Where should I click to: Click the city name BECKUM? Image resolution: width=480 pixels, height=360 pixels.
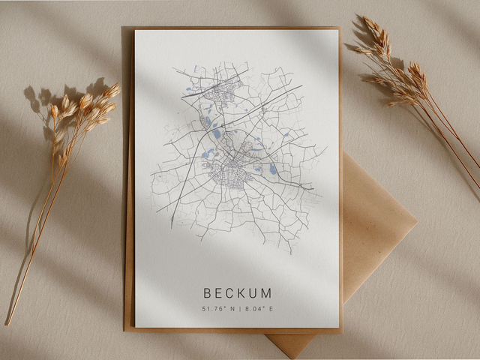coord(237,292)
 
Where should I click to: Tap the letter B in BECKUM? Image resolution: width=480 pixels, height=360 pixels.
coord(207,292)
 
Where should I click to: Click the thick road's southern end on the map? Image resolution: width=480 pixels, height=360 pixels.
coord(172,226)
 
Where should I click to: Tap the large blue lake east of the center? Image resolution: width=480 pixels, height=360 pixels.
coord(271,169)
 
